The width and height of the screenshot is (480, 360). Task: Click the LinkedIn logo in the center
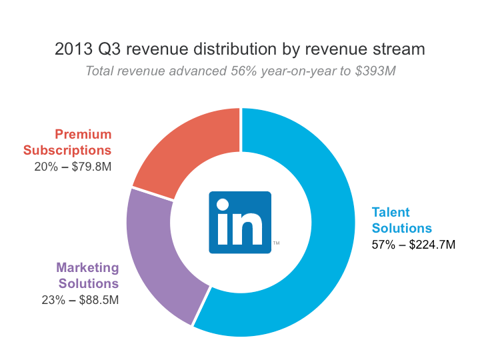pyautogui.click(x=240, y=222)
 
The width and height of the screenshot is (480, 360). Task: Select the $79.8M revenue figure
pyautogui.click(x=89, y=166)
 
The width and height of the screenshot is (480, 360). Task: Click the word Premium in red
pyautogui.click(x=83, y=135)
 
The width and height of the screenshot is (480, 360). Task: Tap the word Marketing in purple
pyautogui.click(x=87, y=268)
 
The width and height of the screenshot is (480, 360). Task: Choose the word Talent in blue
pyautogui.click(x=391, y=213)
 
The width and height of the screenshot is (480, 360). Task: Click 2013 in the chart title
pyautogui.click(x=71, y=49)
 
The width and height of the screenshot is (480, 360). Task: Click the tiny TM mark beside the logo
pyautogui.click(x=276, y=243)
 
